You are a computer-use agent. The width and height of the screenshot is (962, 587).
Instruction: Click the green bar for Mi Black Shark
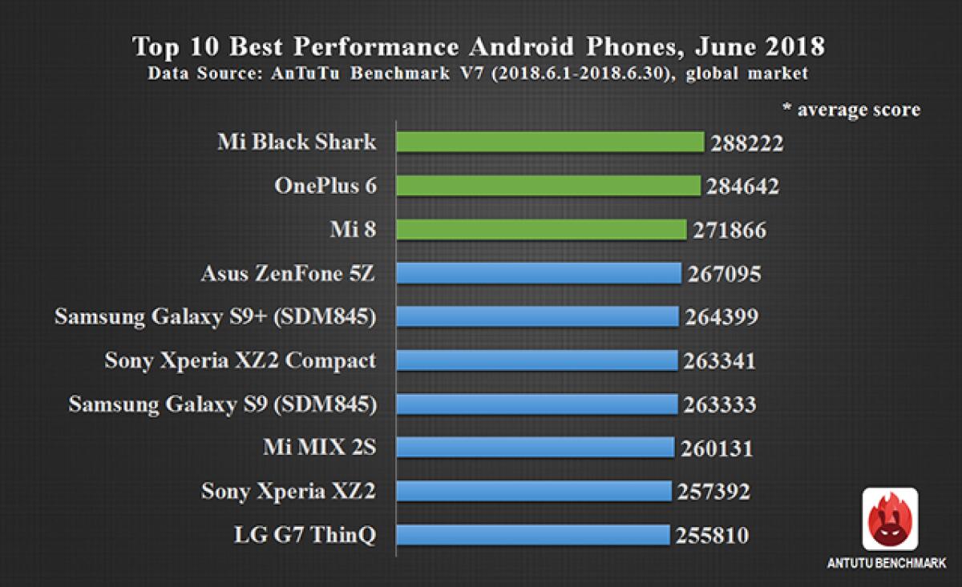[x=550, y=143]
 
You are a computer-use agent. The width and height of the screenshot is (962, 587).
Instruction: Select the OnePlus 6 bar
[x=549, y=187]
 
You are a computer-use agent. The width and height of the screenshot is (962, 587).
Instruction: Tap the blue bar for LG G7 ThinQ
[x=533, y=534]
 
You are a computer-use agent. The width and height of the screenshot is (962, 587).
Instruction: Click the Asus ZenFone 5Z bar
[x=539, y=274]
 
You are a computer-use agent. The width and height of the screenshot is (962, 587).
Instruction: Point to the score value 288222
[x=746, y=144]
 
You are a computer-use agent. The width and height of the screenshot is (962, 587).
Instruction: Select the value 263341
[x=719, y=361]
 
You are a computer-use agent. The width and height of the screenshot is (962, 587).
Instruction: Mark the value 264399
[x=721, y=318]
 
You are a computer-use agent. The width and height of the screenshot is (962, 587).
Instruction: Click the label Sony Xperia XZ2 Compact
[x=240, y=360]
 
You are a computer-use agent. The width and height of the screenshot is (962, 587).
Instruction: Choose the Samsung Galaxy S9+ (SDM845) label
[x=216, y=317]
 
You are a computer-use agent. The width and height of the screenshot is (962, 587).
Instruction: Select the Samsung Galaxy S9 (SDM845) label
[x=222, y=404]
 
